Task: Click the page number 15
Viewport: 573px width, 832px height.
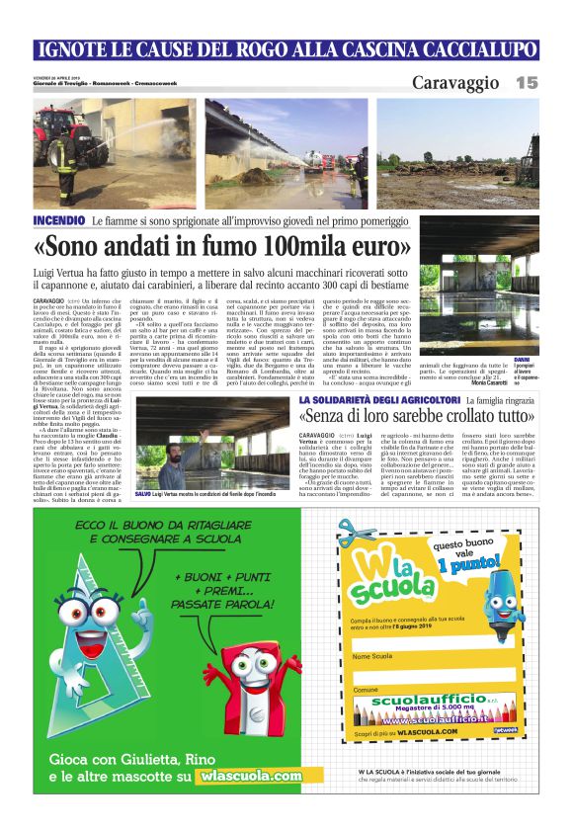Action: pyautogui.click(x=527, y=83)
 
